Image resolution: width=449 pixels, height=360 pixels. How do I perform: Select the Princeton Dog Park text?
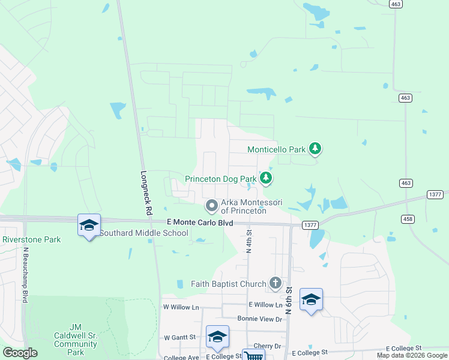pos(220,179)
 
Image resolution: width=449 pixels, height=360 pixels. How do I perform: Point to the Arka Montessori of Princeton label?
pos(244,206)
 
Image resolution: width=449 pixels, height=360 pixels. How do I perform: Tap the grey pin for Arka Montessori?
pos(211,206)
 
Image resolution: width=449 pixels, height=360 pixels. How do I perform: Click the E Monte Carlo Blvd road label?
pos(199,223)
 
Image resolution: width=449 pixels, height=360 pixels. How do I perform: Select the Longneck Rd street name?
pos(145,194)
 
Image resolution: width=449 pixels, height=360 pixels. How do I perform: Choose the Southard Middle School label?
pos(143,233)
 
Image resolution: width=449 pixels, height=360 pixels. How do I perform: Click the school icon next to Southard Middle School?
pos(89,225)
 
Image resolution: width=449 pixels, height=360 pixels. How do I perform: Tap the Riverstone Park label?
pos(32,239)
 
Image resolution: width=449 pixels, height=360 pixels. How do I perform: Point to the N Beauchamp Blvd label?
pos(26,275)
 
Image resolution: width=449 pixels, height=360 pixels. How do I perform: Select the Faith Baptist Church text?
pos(228,284)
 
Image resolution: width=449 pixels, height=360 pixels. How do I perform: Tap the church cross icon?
pos(275,283)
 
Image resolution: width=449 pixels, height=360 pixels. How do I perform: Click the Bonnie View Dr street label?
pos(259,319)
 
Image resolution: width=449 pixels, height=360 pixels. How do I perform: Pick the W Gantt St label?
pos(180,338)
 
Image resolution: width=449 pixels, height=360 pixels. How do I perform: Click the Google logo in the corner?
pos(20,353)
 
